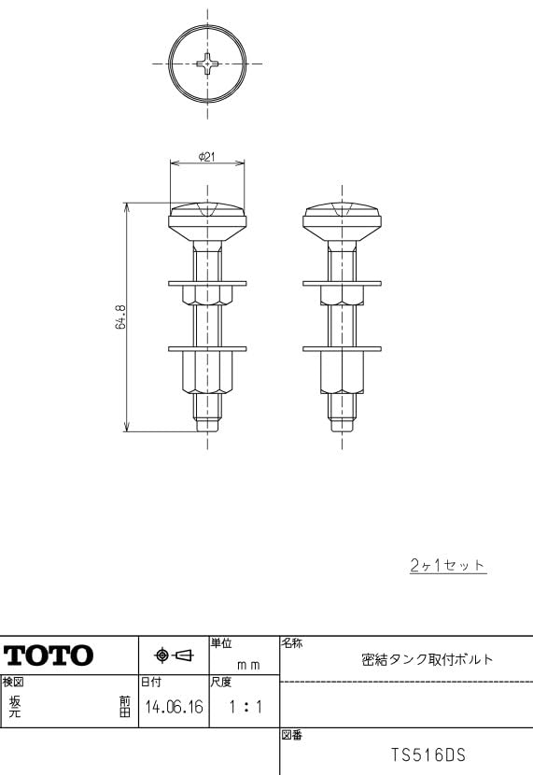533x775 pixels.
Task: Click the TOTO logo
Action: pos(49,655)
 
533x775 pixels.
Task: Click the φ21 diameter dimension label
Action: pos(207,157)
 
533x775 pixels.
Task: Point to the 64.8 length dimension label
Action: pos(121,317)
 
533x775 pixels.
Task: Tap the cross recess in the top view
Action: pos(207,63)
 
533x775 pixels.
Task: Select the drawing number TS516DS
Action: pos(428,754)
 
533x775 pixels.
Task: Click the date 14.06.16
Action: pos(174,707)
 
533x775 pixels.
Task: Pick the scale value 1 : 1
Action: pos(245,707)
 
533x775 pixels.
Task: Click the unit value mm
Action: pos(248,665)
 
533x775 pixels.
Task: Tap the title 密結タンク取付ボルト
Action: pos(428,659)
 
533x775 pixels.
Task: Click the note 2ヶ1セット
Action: pos(448,565)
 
